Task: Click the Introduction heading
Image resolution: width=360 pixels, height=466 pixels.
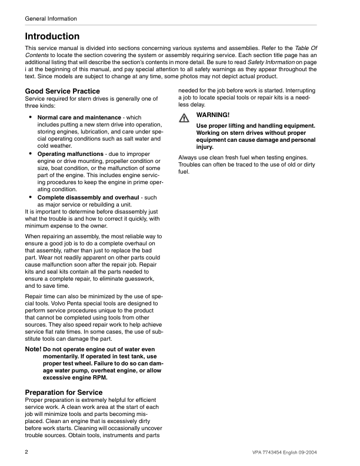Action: pos(52,36)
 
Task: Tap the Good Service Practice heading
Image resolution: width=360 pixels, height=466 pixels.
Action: pos(62,91)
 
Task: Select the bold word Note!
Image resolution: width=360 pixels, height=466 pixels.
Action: pos(33,349)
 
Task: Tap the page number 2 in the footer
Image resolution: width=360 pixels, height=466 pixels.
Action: pos(27,451)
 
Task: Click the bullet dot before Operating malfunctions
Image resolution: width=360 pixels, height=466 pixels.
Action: pos(31,154)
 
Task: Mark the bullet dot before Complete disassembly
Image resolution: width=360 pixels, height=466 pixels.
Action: pos(31,197)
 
